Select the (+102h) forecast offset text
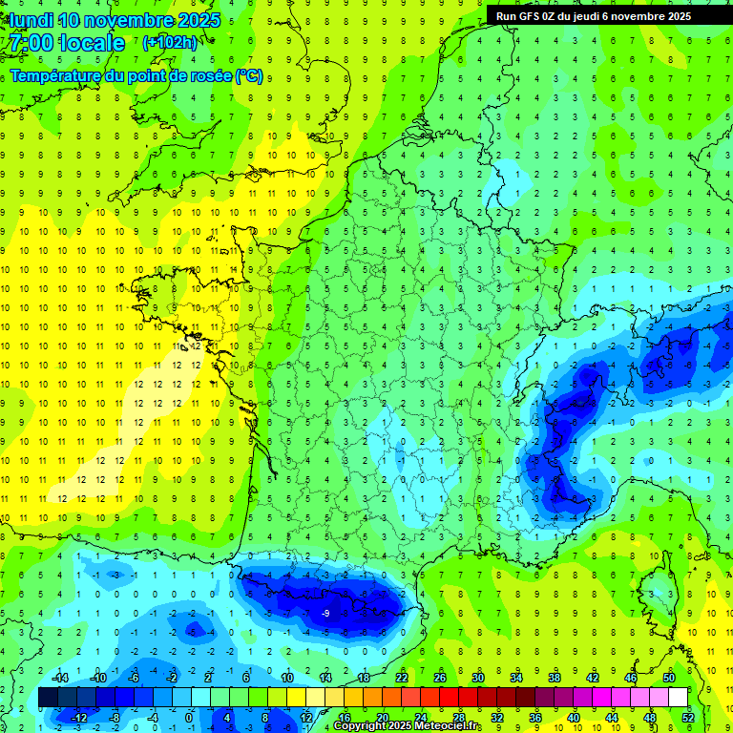[170, 43]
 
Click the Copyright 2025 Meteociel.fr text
[407, 726]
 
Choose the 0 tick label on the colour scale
[188, 718]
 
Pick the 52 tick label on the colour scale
[688, 718]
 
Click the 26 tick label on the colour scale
[440, 678]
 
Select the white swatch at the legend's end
[678, 698]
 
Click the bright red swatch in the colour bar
[450, 698]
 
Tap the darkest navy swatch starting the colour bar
[49, 698]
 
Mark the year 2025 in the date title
[199, 20]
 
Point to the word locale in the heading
[94, 43]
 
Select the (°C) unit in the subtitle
[249, 75]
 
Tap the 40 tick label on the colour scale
[574, 718]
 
